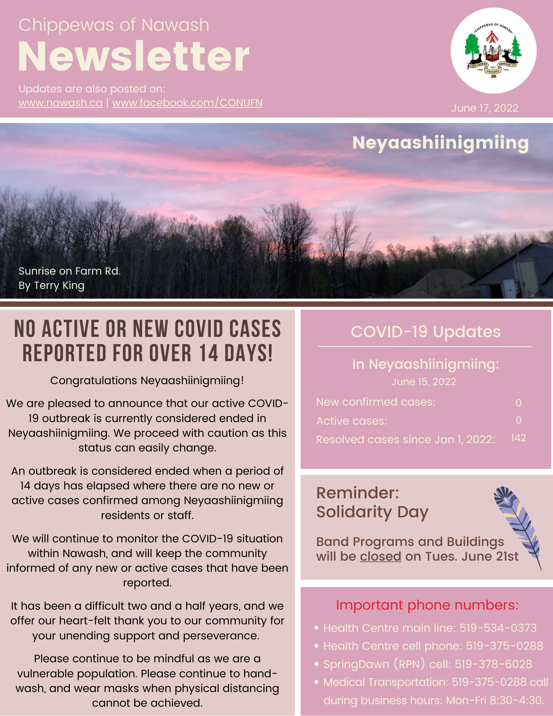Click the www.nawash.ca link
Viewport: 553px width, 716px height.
pos(60,103)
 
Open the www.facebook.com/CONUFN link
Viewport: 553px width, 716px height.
pos(187,103)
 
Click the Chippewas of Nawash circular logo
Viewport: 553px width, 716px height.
pos(493,50)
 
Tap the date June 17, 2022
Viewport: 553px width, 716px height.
pos(485,108)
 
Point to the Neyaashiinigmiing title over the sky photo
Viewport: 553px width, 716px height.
pos(440,143)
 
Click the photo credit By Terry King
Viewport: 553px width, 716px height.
pos(52,286)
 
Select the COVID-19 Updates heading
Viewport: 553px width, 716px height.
pos(426,332)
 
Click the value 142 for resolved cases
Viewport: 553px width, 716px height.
pos(518,438)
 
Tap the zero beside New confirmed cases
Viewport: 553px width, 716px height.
pos(518,403)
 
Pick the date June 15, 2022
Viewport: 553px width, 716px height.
pos(423,382)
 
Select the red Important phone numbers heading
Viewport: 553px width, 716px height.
pos(427,605)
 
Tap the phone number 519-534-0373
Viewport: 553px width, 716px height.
pos(498,628)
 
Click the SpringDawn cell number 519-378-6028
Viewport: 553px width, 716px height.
pos(493,664)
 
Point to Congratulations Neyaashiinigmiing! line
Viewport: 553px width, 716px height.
pos(147,381)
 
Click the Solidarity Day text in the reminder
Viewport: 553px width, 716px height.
pos(372,512)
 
